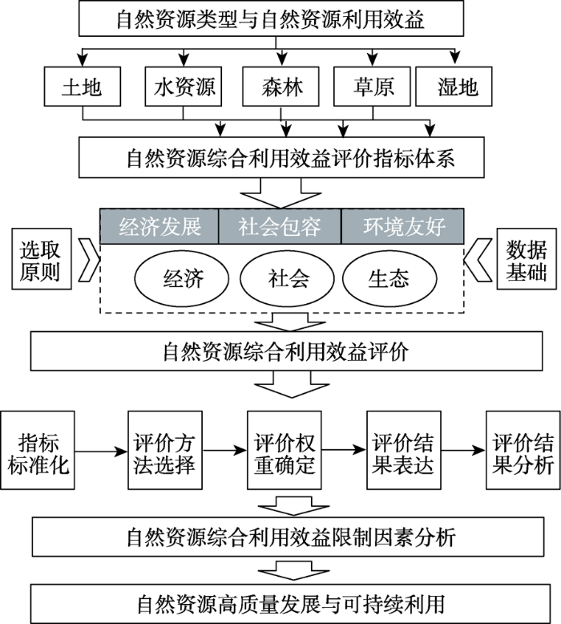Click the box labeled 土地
pyautogui.click(x=83, y=87)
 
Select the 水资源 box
pyautogui.click(x=184, y=87)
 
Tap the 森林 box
pyautogui.click(x=280, y=87)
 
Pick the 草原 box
pyautogui.click(x=372, y=87)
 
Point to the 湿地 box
pyautogui.click(x=454, y=87)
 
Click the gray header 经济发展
pyautogui.click(x=159, y=226)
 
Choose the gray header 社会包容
pyautogui.click(x=280, y=226)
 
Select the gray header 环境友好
pyautogui.click(x=403, y=226)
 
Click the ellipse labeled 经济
pyautogui.click(x=182, y=278)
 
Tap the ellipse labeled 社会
pyautogui.click(x=288, y=278)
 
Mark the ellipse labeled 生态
pyautogui.click(x=389, y=278)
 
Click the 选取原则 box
pyautogui.click(x=42, y=259)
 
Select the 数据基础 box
pyautogui.click(x=527, y=259)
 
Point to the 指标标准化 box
pyautogui.click(x=38, y=450)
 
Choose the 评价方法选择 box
pyautogui.click(x=165, y=450)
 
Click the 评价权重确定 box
pyautogui.click(x=285, y=450)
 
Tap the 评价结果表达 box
pyautogui.click(x=404, y=450)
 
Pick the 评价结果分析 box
pyautogui.click(x=523, y=450)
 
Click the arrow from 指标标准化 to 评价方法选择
pyautogui.click(x=101, y=452)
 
